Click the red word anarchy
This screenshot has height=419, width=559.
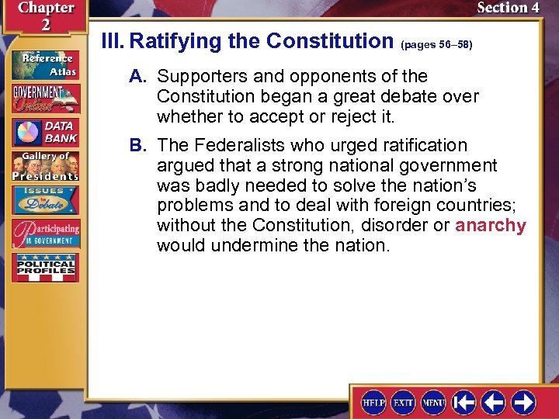(x=491, y=226)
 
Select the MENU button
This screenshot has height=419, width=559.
(x=432, y=403)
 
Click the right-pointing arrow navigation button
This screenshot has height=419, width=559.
(x=523, y=403)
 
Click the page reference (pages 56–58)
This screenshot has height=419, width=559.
(x=436, y=45)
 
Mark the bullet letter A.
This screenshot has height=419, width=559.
(x=138, y=77)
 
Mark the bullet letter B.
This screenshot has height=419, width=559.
(x=138, y=146)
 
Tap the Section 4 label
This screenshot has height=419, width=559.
(x=508, y=9)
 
